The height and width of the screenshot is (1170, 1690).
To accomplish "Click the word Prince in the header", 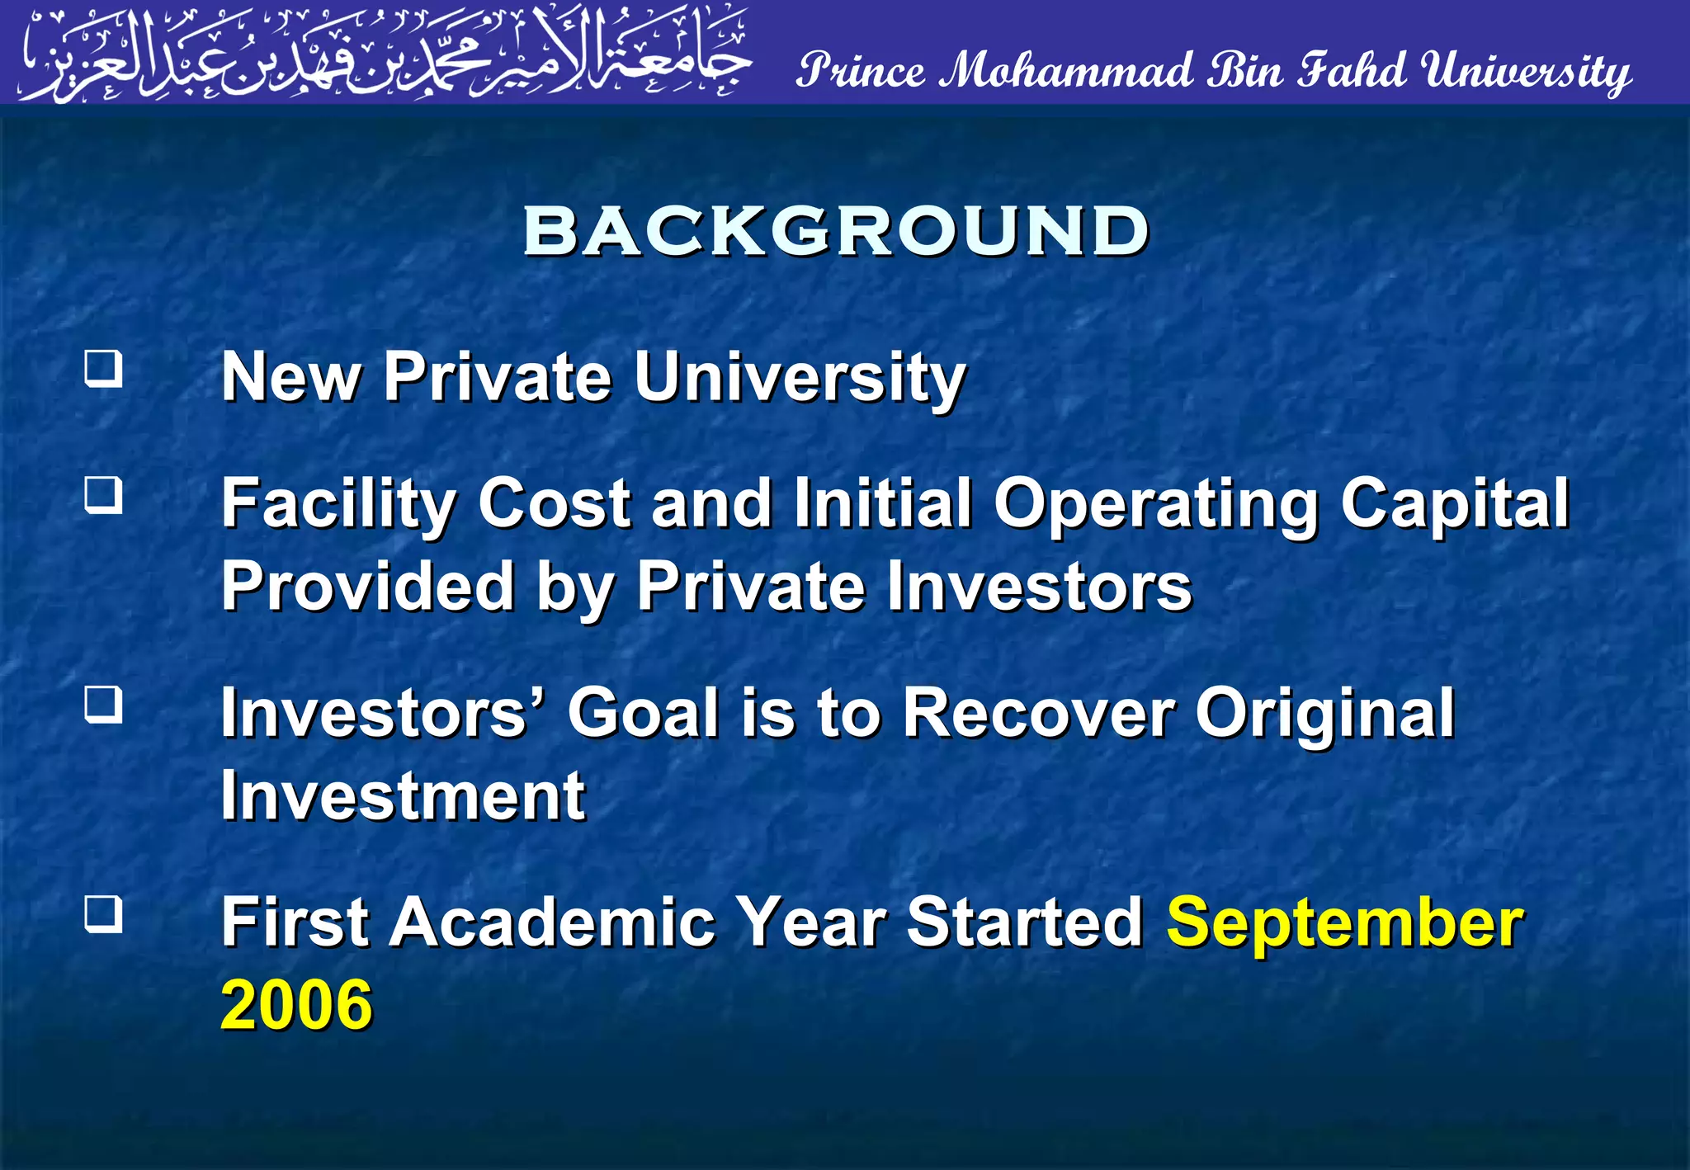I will point(862,70).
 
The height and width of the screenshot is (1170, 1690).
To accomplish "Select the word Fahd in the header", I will point(1352,70).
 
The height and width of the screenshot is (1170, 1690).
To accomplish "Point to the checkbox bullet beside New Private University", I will point(104,368).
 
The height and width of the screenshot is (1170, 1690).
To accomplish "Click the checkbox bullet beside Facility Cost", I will point(104,495).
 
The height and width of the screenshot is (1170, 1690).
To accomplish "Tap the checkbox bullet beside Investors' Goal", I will point(104,705).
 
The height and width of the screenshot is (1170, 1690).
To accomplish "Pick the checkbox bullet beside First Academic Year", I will point(104,914).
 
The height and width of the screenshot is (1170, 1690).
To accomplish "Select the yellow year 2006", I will point(297,1005).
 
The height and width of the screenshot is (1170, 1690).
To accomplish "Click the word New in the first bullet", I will point(291,377).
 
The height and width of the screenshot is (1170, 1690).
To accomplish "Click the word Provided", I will point(368,586).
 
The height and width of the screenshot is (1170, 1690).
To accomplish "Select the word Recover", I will point(1038,713).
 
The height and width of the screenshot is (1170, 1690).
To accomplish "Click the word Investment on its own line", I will point(403,795).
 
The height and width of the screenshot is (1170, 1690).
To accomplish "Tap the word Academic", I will point(551,922).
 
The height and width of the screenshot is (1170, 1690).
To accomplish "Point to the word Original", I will point(1325,715).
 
